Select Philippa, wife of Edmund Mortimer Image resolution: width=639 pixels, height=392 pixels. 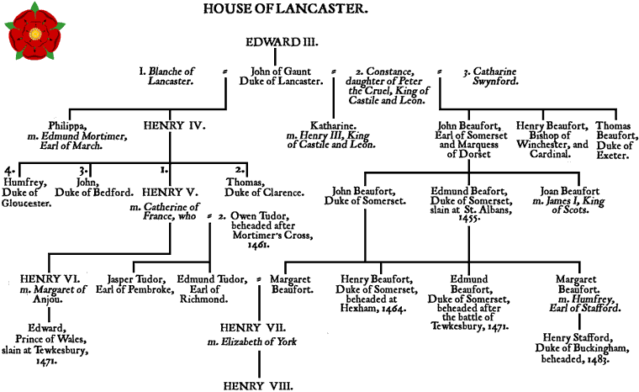click(x=75, y=133)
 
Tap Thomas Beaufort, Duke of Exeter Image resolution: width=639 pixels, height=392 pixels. click(x=615, y=137)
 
